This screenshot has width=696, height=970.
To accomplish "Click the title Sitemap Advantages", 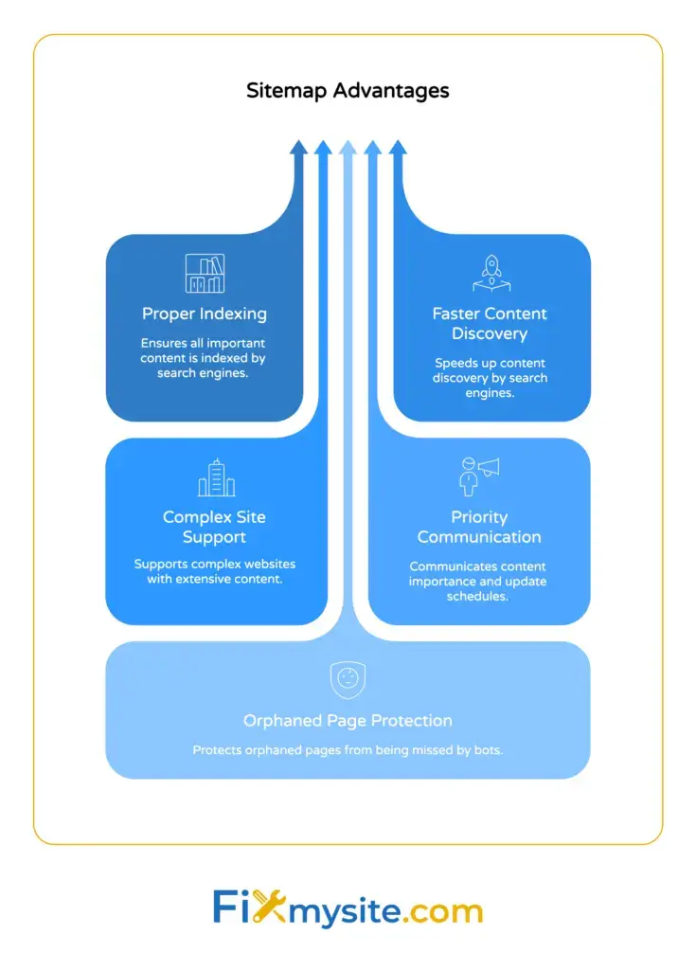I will (x=348, y=91).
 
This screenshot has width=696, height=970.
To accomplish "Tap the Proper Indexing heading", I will (x=205, y=314).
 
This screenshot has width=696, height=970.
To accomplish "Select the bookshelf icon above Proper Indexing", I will (x=205, y=274).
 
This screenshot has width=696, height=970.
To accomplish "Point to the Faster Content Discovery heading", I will (x=490, y=323).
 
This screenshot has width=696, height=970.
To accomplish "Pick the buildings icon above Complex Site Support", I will (x=216, y=477).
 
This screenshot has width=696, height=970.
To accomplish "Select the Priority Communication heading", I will (x=479, y=527).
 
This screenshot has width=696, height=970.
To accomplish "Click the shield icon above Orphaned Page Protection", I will (x=348, y=679).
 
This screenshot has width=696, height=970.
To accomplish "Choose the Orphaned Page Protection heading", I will (x=348, y=721).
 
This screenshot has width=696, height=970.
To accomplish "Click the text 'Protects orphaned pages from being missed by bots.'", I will (x=348, y=750).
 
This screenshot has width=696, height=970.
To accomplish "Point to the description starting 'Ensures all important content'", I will (x=204, y=358).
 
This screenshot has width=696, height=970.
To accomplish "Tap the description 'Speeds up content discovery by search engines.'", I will (x=490, y=377).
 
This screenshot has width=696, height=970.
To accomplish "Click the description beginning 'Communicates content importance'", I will (x=478, y=581).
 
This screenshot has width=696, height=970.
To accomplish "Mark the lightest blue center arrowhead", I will (x=348, y=148).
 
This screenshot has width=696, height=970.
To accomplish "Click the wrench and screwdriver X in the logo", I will (x=270, y=909).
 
